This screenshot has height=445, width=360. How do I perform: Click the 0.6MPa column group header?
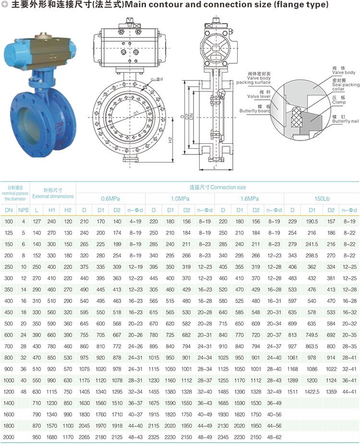[x=110, y=199]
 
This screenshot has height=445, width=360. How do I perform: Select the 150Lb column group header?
[x=322, y=199]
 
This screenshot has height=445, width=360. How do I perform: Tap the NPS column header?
[x=24, y=211]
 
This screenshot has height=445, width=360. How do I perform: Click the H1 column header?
[x=52, y=211]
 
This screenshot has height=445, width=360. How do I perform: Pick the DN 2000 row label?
[x=9, y=437]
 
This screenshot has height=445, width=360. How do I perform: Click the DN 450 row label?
[x=9, y=313]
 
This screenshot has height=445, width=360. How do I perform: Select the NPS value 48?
[x=24, y=392]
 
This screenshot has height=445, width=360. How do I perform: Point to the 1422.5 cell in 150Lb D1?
[x=312, y=392]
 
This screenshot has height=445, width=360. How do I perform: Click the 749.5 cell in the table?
[x=312, y=335]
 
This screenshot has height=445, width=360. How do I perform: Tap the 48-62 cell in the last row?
[x=274, y=437]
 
